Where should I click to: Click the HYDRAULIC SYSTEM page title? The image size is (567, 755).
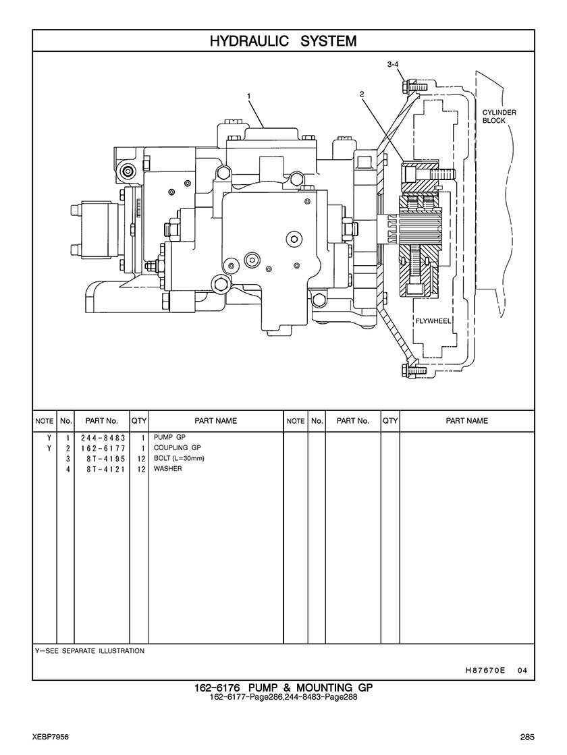(283, 41)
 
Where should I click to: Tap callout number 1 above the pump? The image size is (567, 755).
(249, 96)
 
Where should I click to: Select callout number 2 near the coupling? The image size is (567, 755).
(362, 94)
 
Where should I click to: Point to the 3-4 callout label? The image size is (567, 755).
(393, 64)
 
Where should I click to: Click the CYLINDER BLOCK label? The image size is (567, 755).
(499, 116)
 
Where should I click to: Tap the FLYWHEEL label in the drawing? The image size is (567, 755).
(433, 321)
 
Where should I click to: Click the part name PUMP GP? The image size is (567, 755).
(165, 437)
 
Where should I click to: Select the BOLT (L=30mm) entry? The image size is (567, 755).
(178, 458)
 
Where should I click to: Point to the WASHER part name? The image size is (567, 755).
(167, 468)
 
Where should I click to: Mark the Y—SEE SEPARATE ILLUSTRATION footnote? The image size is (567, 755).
(89, 651)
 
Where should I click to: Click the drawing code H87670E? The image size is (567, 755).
(485, 671)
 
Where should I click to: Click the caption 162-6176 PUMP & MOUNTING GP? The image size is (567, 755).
(283, 688)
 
